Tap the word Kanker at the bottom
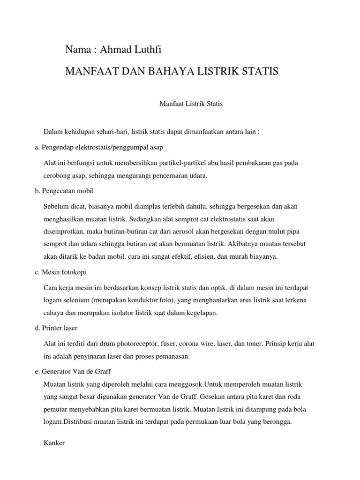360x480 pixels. click(x=53, y=442)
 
